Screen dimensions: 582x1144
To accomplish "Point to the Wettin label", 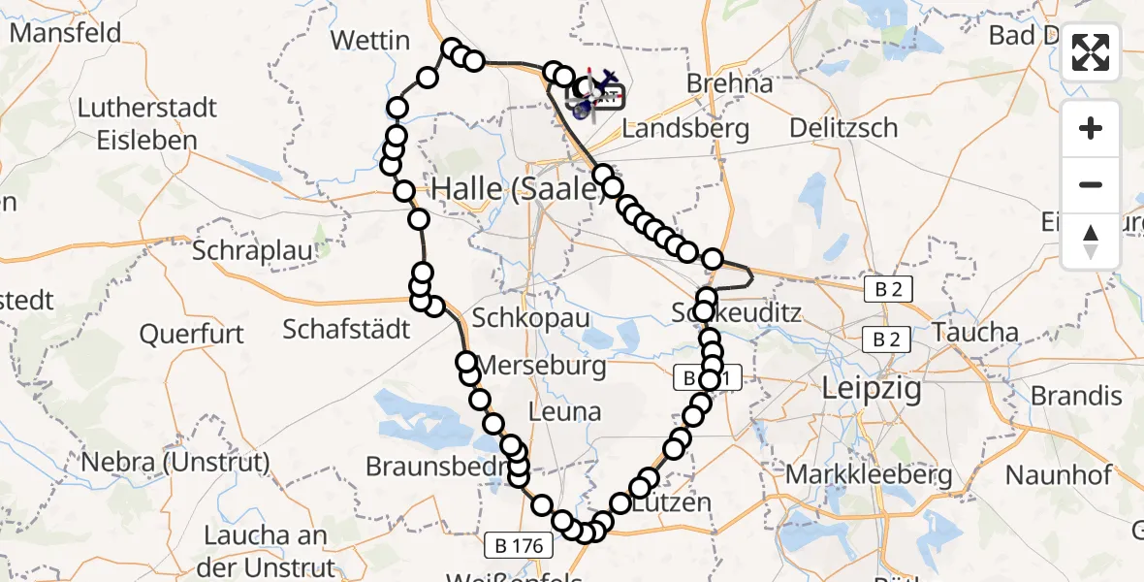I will click(369, 41).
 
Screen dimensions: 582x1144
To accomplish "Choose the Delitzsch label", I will click(842, 127).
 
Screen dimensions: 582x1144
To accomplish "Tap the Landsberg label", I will click(684, 128).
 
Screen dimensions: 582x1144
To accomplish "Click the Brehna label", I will click(729, 83).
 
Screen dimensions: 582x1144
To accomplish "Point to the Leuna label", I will click(567, 411).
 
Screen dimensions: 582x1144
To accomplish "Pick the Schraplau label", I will click(253, 250).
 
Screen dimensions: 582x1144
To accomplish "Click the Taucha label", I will click(976, 333).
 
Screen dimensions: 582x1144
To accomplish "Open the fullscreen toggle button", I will click(1091, 52).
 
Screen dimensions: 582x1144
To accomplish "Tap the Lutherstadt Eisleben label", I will click(147, 123).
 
